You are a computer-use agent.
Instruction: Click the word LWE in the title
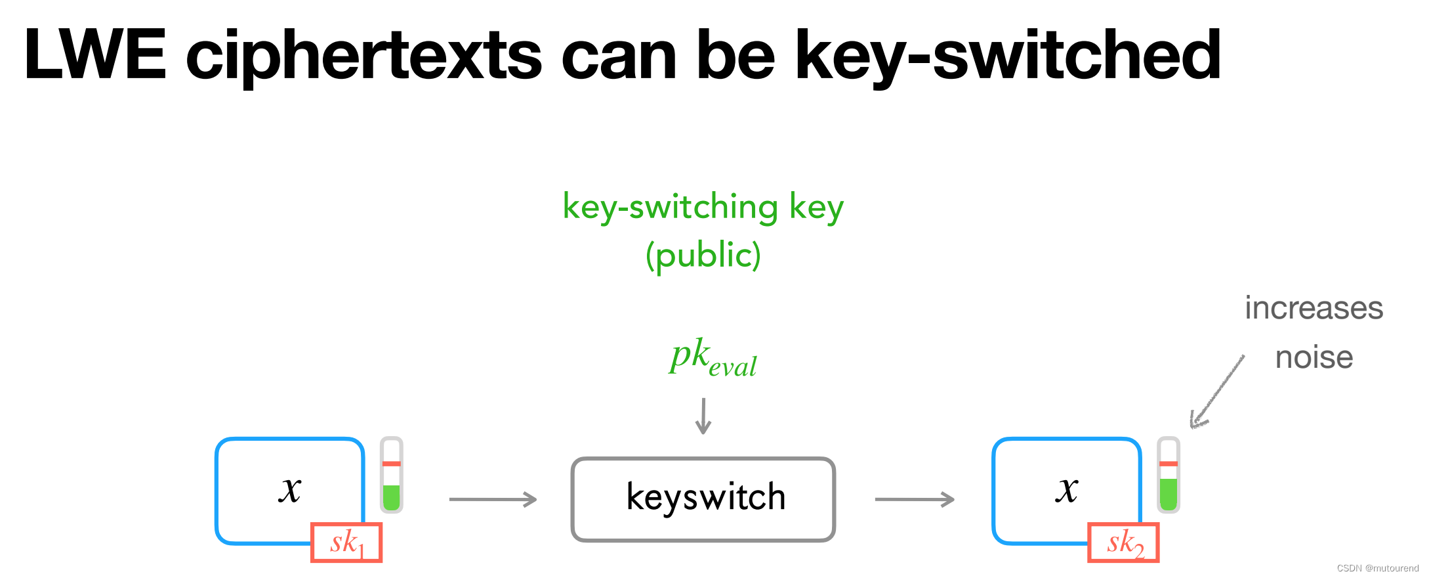click(x=96, y=55)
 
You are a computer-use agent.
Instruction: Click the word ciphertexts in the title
click(x=364, y=56)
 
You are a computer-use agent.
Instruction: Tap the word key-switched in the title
click(x=1007, y=56)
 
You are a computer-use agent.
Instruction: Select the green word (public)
click(x=703, y=256)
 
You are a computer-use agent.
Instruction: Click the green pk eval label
click(x=713, y=358)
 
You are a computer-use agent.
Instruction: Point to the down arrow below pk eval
click(x=703, y=416)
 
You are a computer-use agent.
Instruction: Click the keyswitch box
click(x=703, y=499)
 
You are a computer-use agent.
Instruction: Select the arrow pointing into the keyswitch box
click(x=493, y=500)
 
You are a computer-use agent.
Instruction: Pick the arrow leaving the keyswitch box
click(x=915, y=500)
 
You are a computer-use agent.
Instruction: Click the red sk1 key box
click(x=346, y=543)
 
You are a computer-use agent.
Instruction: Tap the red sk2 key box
click(x=1123, y=543)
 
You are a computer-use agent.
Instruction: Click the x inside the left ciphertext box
click(x=289, y=489)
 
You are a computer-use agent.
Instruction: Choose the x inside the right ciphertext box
click(x=1067, y=489)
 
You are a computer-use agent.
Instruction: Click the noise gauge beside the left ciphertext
click(x=392, y=475)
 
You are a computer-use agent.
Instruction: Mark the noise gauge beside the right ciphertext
click(x=1169, y=475)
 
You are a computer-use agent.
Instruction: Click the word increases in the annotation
click(x=1314, y=308)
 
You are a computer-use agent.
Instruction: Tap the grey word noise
click(x=1314, y=358)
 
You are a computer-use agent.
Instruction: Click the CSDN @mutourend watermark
click(x=1377, y=568)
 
